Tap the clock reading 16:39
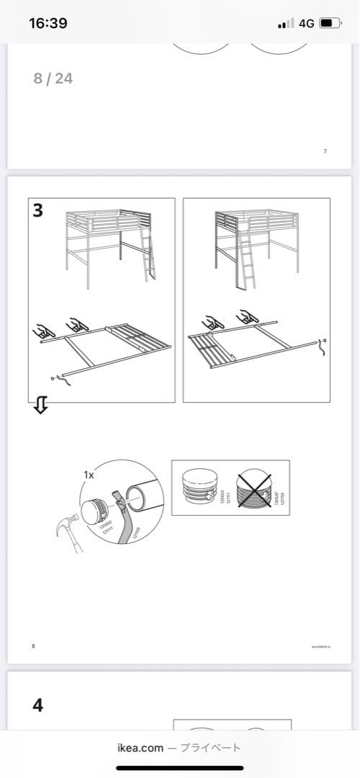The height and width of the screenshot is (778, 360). click(x=48, y=23)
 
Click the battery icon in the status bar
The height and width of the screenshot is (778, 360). click(x=330, y=23)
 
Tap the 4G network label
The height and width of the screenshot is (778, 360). click(x=306, y=23)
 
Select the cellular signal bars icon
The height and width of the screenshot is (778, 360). click(x=286, y=24)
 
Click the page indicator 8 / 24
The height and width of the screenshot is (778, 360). click(x=53, y=78)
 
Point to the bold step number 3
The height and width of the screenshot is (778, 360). click(x=38, y=210)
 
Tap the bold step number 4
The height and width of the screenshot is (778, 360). click(x=38, y=705)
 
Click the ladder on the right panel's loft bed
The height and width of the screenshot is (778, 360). click(x=246, y=262)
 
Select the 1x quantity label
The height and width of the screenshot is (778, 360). click(x=89, y=475)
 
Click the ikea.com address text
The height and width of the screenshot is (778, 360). click(x=140, y=748)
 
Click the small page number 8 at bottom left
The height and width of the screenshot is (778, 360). click(x=33, y=647)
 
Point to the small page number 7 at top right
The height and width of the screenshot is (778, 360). click(x=325, y=151)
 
